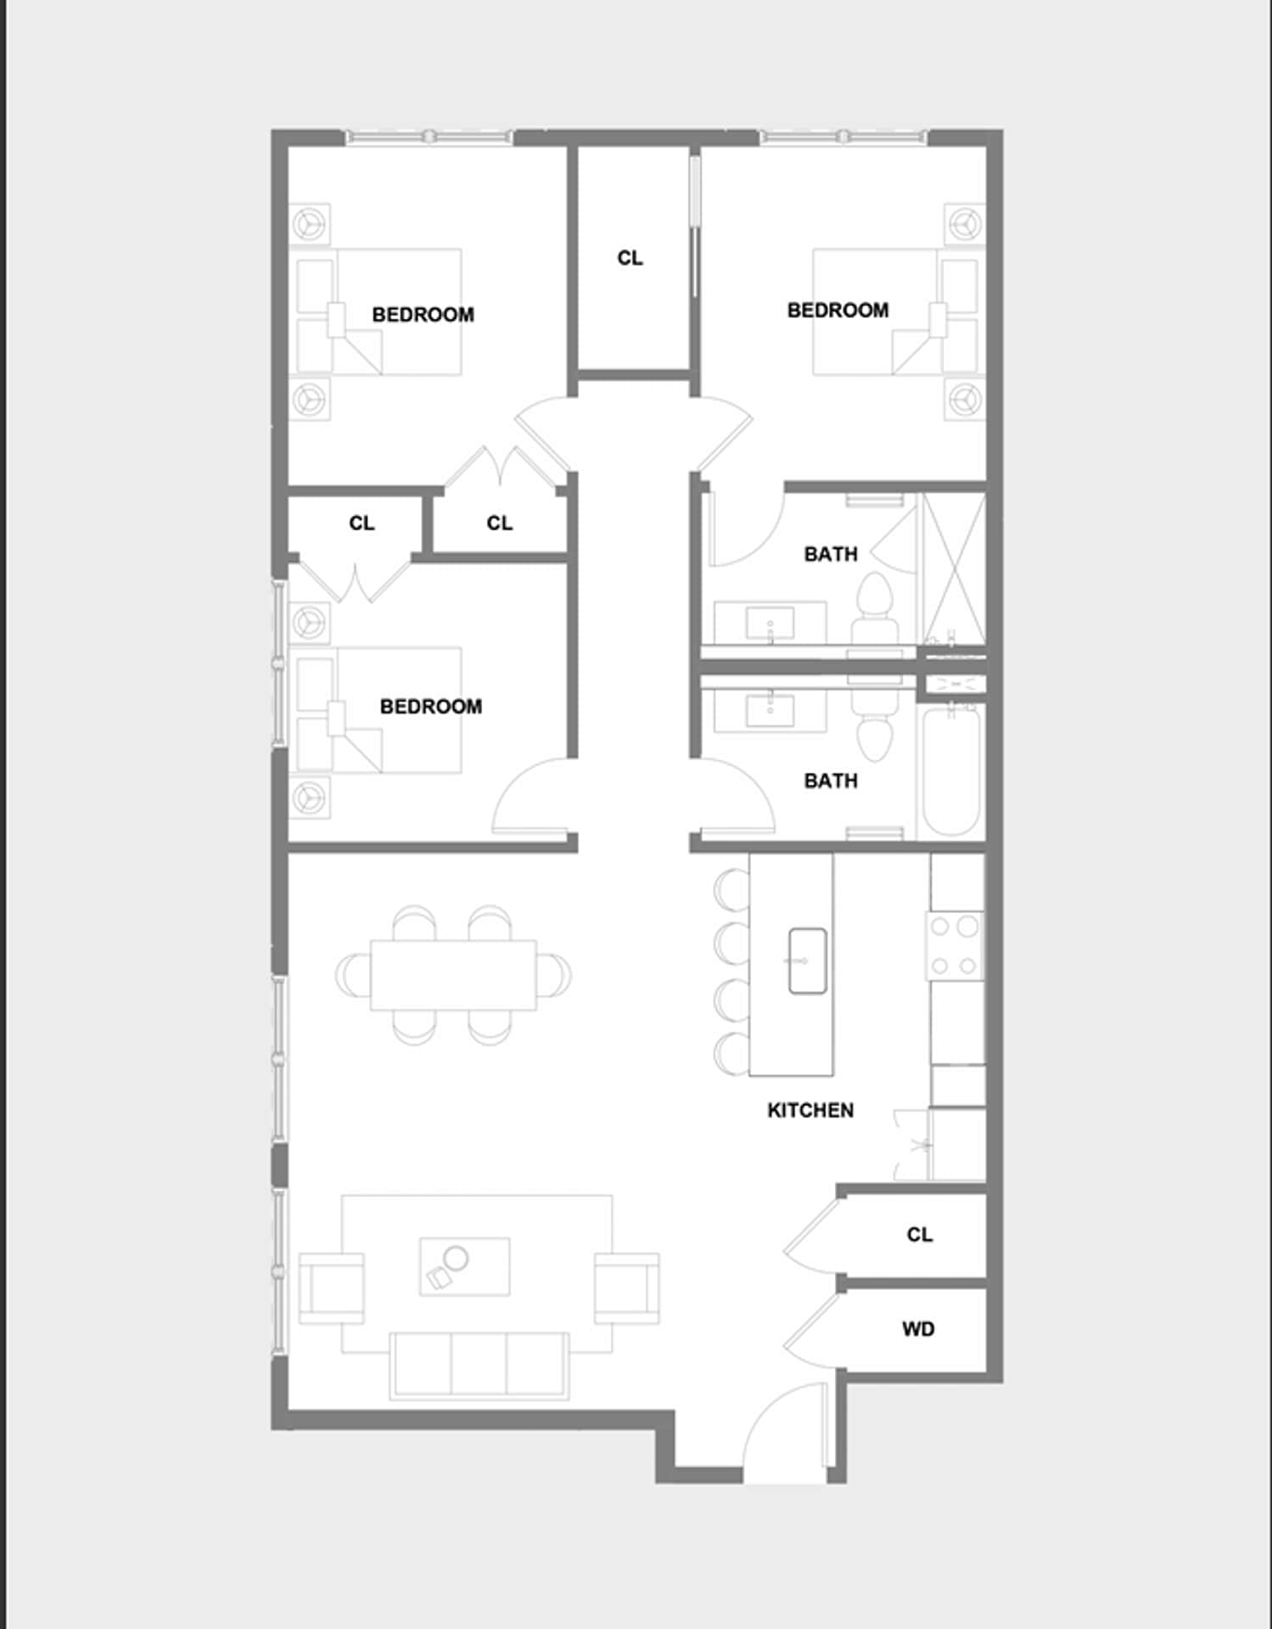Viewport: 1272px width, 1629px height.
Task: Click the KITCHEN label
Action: pyautogui.click(x=810, y=1110)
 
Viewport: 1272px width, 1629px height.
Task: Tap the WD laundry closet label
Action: pyautogui.click(x=918, y=1329)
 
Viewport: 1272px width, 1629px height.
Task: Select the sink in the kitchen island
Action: pyautogui.click(x=807, y=960)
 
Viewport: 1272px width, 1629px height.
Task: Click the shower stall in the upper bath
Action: pyautogui.click(x=954, y=569)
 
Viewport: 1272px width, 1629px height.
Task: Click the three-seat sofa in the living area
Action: pyautogui.click(x=479, y=1363)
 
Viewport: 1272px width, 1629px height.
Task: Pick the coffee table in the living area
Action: pyautogui.click(x=465, y=1265)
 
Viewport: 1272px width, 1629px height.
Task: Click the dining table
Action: pyautogui.click(x=453, y=974)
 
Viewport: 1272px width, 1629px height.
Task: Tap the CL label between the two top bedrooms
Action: pyautogui.click(x=630, y=258)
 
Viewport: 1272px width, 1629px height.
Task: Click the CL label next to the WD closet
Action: pyautogui.click(x=919, y=1234)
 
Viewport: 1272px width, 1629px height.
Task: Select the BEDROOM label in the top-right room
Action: pyautogui.click(x=838, y=311)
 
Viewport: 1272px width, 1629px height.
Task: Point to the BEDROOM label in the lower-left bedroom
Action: pyautogui.click(x=430, y=706)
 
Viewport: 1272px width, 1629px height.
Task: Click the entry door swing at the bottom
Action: pyautogui.click(x=785, y=1433)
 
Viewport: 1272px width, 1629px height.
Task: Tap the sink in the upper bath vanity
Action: pyautogui.click(x=770, y=624)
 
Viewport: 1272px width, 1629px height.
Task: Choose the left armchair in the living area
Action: pyautogui.click(x=331, y=1287)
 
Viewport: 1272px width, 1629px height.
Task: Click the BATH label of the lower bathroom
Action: pyautogui.click(x=831, y=781)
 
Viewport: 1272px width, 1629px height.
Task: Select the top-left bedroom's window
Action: pyautogui.click(x=429, y=137)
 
